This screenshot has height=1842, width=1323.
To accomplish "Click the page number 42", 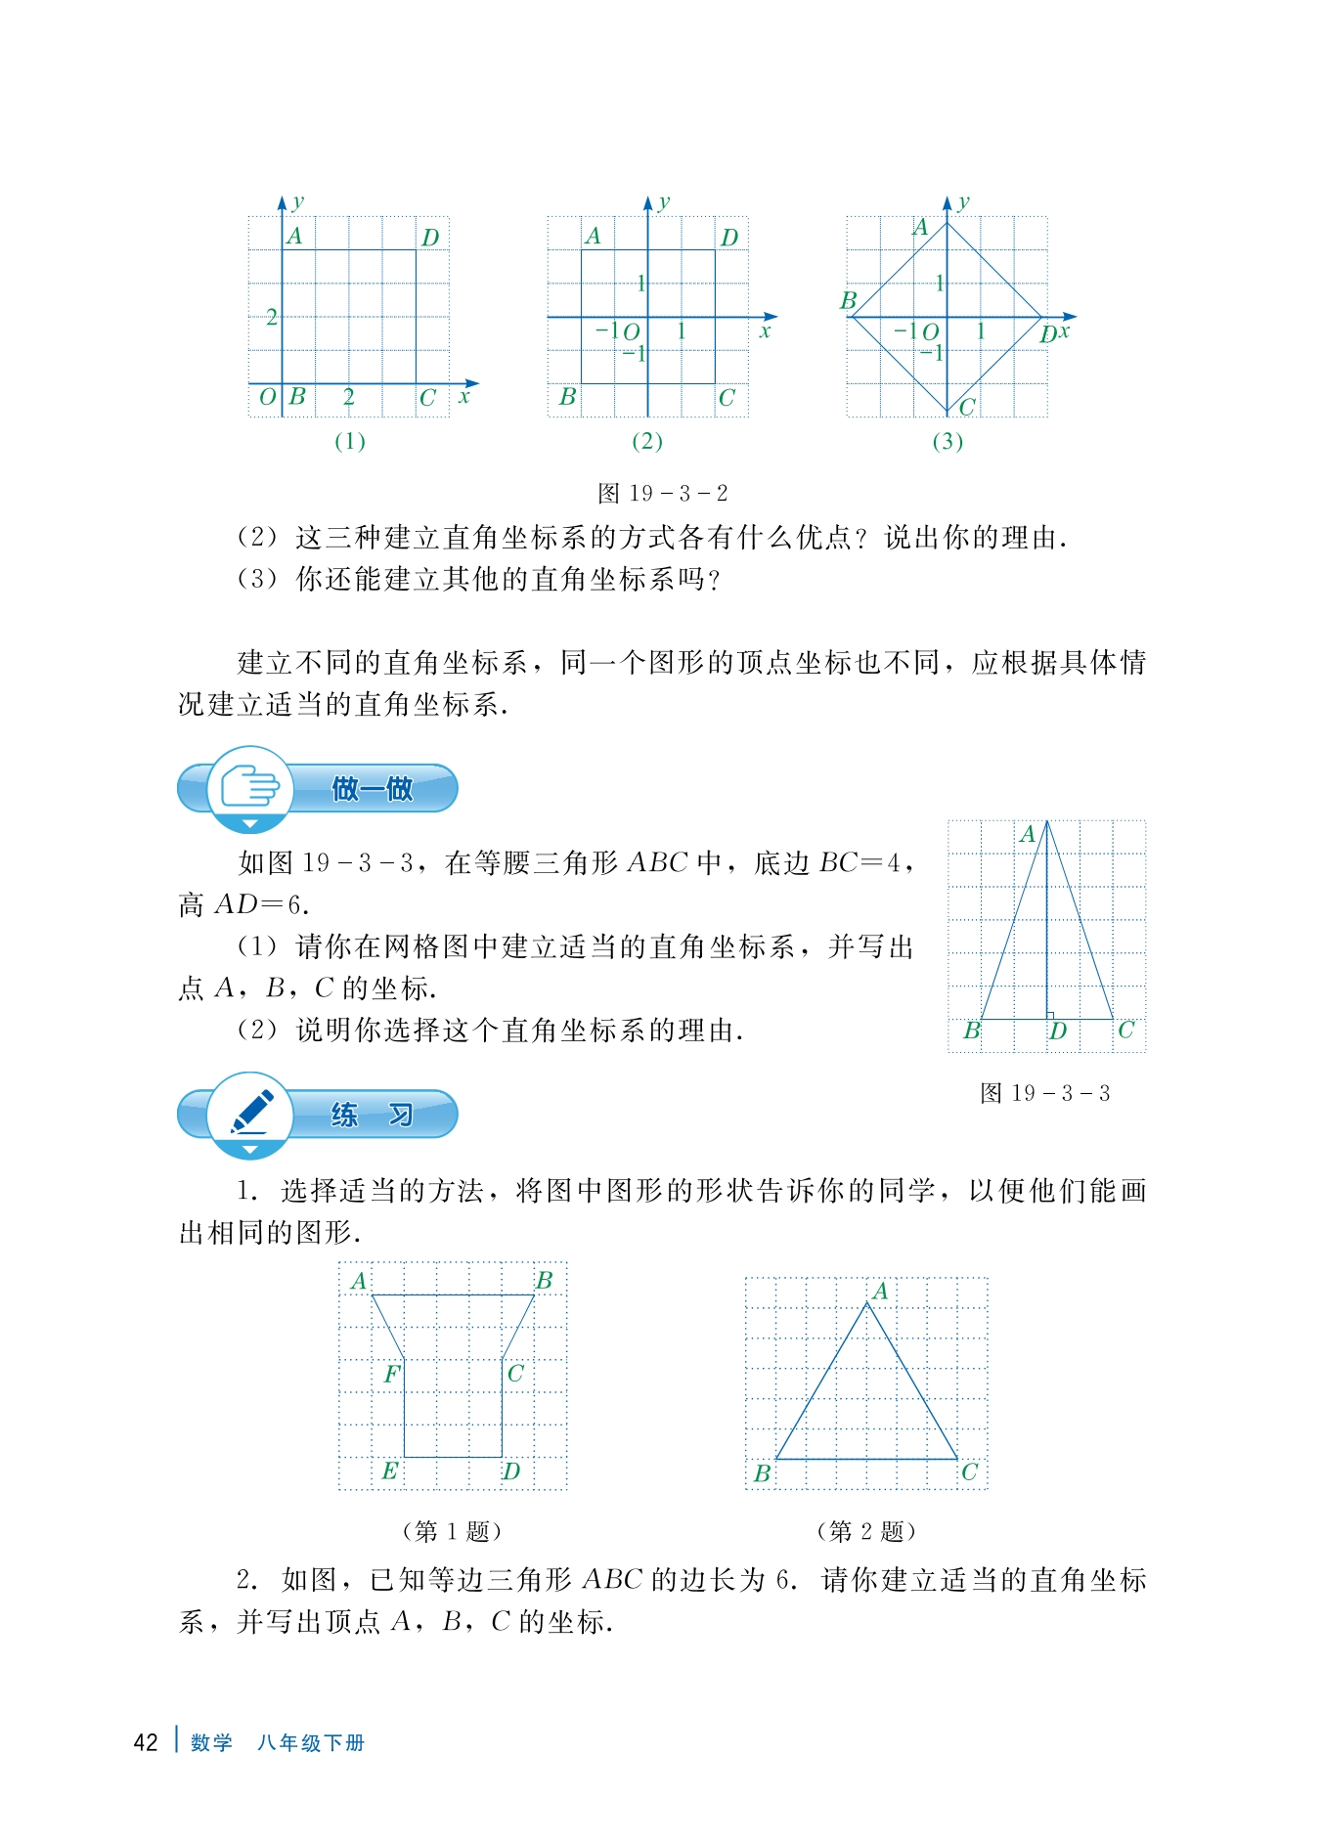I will (x=146, y=1742).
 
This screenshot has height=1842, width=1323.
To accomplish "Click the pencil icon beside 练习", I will (x=251, y=1113).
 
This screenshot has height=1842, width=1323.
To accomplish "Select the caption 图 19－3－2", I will (x=662, y=493).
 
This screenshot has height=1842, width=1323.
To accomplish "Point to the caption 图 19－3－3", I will (x=1044, y=1093).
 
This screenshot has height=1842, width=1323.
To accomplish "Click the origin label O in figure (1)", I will (x=267, y=398).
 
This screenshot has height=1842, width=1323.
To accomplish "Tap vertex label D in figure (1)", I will (x=430, y=238).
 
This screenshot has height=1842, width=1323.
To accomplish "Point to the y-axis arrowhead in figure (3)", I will (x=947, y=202).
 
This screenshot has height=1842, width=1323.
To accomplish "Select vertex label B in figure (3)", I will (x=848, y=300).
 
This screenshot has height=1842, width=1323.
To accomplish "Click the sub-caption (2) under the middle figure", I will (x=647, y=441).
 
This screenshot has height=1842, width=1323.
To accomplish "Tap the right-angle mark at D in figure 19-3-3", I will (x=1050, y=1016).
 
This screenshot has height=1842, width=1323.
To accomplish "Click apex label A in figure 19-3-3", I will (x=1027, y=834).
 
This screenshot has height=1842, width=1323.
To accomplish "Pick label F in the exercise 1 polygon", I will (x=391, y=1374).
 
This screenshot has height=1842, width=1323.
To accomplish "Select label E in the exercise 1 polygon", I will (x=389, y=1470).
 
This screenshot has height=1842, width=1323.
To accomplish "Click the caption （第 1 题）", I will (x=452, y=1530).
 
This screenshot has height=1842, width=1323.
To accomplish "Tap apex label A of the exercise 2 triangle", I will (x=880, y=1292).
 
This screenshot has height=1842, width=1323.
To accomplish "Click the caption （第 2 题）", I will (x=866, y=1530).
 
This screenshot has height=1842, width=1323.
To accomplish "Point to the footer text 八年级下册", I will (x=310, y=1742).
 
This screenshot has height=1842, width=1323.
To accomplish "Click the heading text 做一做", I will (x=372, y=788).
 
